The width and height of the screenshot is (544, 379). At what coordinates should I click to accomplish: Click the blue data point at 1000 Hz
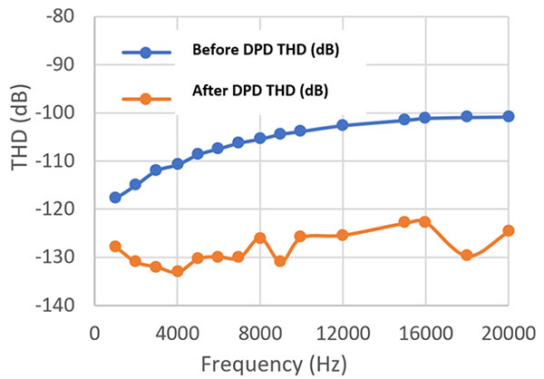pyautogui.click(x=115, y=197)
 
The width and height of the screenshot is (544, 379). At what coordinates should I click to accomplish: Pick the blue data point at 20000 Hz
pyautogui.click(x=509, y=116)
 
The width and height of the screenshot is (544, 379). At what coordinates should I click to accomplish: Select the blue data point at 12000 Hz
pyautogui.click(x=343, y=124)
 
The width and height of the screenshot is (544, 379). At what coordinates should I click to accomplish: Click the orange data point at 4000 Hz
pyautogui.click(x=178, y=271)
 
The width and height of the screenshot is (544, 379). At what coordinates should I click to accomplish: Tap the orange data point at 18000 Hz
pyautogui.click(x=467, y=255)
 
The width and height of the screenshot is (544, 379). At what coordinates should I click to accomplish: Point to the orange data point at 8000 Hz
pyautogui.click(x=260, y=238)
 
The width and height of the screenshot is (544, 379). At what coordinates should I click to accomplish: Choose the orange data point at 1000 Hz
pyautogui.click(x=115, y=246)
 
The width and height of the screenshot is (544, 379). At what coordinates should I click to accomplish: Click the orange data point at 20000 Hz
pyautogui.click(x=509, y=230)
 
